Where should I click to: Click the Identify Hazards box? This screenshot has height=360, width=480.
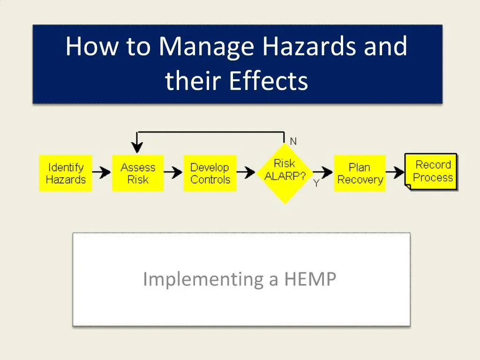[66, 173]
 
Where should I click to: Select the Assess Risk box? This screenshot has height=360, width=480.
[138, 173]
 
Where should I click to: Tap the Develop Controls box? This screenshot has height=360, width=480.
[210, 173]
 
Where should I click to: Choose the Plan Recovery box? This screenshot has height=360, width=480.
[360, 173]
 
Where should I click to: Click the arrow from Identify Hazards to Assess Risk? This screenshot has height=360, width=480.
[102, 173]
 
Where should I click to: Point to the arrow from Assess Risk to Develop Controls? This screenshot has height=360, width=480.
[173, 173]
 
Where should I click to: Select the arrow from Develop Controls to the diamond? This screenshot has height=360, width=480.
[247, 173]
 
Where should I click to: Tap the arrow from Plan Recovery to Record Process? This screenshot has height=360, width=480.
[395, 173]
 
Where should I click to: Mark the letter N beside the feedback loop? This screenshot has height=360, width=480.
[293, 141]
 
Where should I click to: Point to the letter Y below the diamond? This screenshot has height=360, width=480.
[316, 184]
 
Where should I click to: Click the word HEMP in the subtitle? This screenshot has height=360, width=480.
[310, 279]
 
